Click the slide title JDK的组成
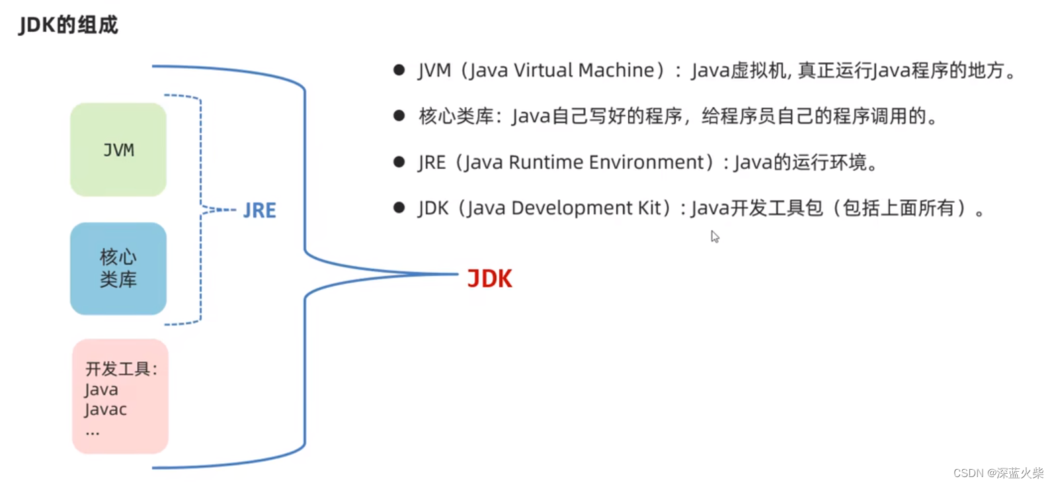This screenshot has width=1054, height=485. pos(68,25)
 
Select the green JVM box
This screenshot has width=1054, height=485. pos(118,150)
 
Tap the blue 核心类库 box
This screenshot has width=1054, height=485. pos(118,268)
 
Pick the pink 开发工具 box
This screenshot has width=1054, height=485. pos(120,396)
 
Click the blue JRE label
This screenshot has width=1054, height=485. pos(259,210)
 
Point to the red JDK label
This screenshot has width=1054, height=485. pos(489,279)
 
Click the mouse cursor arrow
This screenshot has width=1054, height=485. pos(714,236)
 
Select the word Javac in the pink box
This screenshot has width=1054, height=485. pos(106,410)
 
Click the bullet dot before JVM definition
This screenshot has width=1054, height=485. pos(399,69)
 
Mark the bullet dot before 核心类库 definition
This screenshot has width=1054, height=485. pos(399,116)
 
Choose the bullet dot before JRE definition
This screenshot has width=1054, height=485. pos(399,162)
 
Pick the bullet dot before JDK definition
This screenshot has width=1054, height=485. pos(399,208)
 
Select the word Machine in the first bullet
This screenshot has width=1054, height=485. pos(616,70)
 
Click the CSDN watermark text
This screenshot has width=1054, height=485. pos(998,473)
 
